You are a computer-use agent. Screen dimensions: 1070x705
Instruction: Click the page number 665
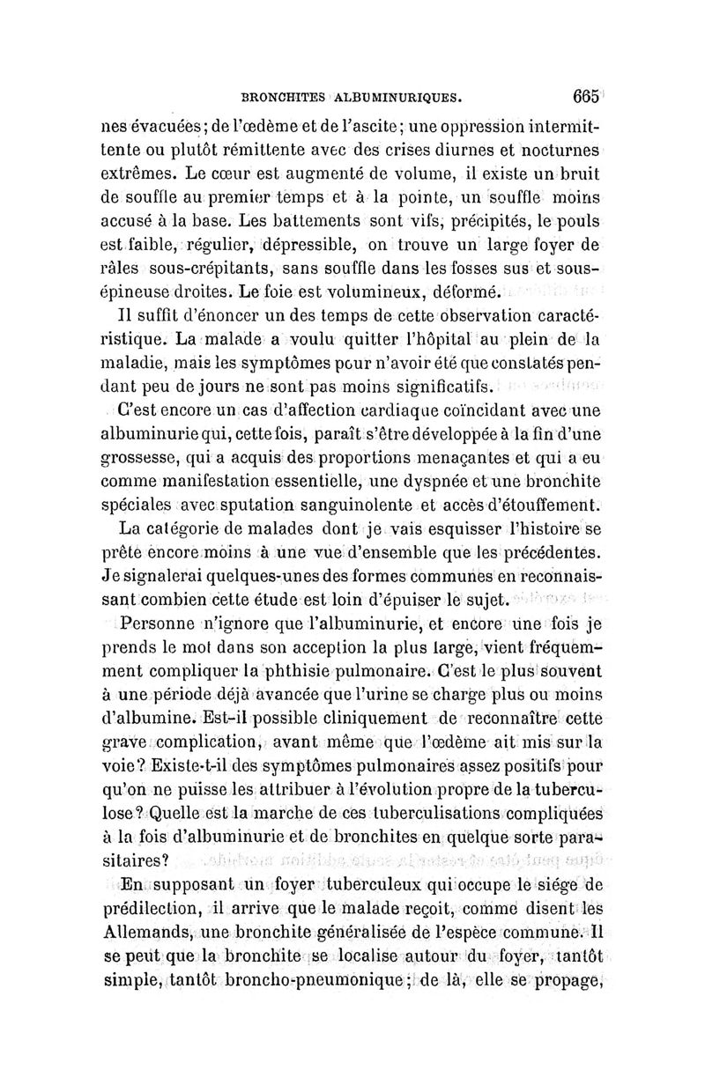pyautogui.click(x=585, y=96)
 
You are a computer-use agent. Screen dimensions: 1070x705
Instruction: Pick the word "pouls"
pyautogui.click(x=577, y=217)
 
